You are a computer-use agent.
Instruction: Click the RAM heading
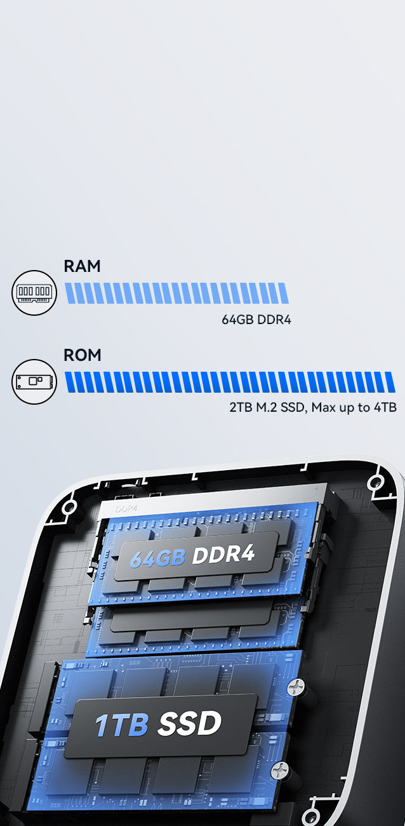point(82,266)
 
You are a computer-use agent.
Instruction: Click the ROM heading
point(82,355)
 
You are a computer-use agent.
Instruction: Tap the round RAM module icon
point(34,292)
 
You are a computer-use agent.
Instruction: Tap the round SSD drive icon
point(34,382)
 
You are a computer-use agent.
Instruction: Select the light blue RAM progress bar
point(176,293)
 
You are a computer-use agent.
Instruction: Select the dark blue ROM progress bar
point(230,382)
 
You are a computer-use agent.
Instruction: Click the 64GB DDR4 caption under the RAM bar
point(256,320)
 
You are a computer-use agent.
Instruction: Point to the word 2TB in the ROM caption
point(240,407)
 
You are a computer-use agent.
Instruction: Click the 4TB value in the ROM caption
point(385,407)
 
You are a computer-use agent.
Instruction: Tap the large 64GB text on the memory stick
point(157,557)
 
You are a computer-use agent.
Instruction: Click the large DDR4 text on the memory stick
point(223,554)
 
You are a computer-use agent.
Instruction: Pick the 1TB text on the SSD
point(121,726)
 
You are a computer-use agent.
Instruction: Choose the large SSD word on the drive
point(190,723)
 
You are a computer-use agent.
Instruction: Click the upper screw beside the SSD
point(295,686)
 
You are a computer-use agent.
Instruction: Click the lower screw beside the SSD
point(279,771)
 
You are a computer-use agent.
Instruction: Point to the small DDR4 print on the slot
point(127,509)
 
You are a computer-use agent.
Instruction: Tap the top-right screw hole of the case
point(376,482)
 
